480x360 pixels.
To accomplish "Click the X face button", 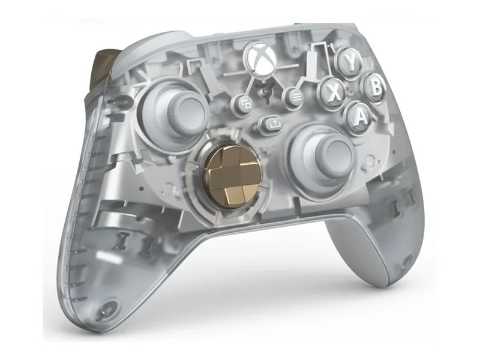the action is tap(333, 91).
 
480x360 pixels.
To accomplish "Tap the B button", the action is tap(374, 88).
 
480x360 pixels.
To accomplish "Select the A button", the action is tap(359, 116).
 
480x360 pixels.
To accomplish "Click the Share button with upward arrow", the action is tap(271, 124).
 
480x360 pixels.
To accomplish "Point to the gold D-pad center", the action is tap(226, 174).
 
